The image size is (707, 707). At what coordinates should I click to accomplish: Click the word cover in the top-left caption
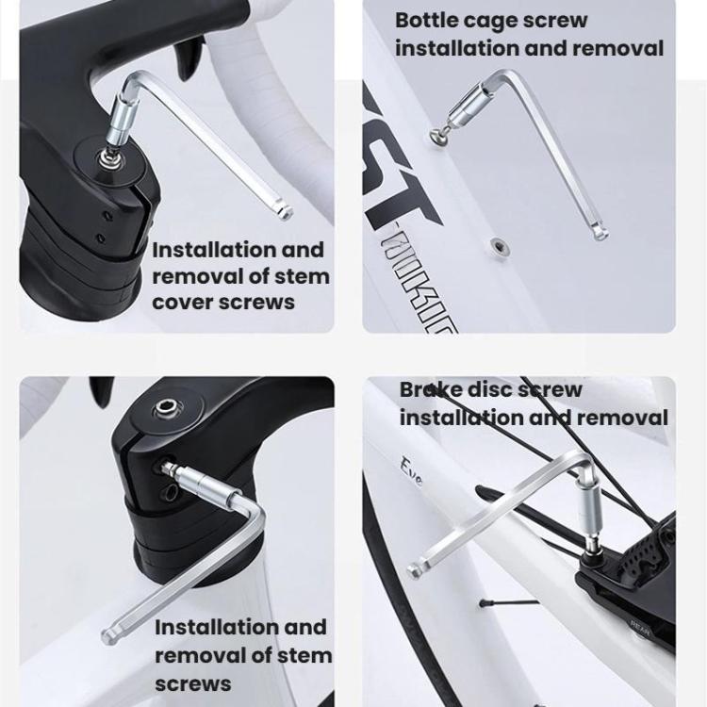[183, 303]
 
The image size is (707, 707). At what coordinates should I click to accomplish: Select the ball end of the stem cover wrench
[286, 213]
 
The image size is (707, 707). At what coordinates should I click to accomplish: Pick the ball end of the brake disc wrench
[414, 571]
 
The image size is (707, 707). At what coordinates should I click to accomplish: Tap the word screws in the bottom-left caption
[192, 682]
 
